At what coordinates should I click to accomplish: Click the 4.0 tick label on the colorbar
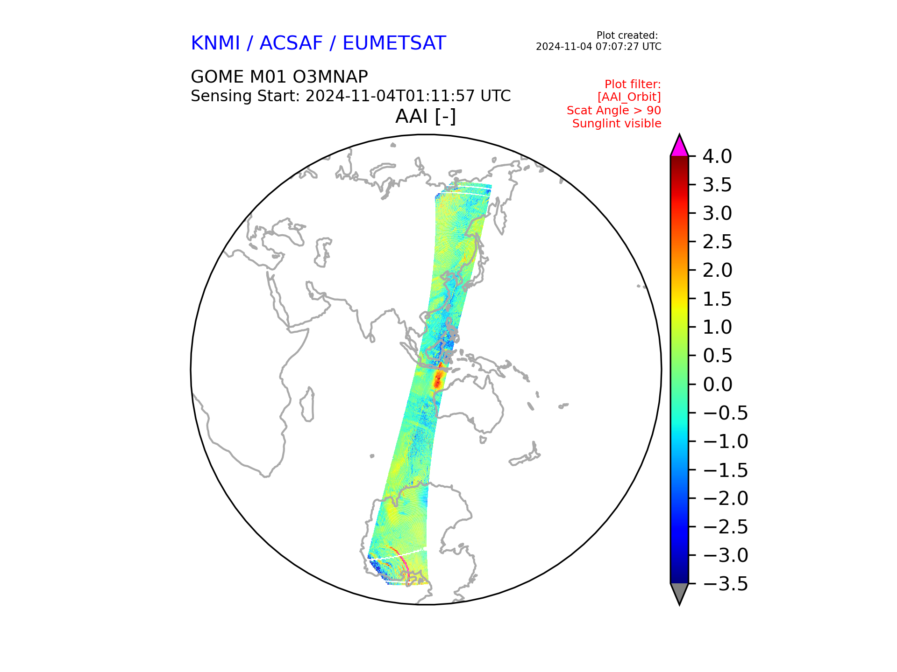pos(717,156)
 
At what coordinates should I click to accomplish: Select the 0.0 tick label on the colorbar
pos(717,385)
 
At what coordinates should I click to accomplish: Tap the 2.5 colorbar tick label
pos(717,242)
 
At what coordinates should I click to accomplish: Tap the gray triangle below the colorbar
pos(679,593)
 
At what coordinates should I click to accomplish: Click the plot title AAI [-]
pos(426,116)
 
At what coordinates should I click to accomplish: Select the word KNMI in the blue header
pos(215,43)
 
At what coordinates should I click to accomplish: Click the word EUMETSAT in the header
pos(394,43)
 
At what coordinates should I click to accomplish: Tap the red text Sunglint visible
pos(617,124)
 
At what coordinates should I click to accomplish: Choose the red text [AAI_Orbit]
pos(629,97)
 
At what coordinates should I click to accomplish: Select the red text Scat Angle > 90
pos(614,111)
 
